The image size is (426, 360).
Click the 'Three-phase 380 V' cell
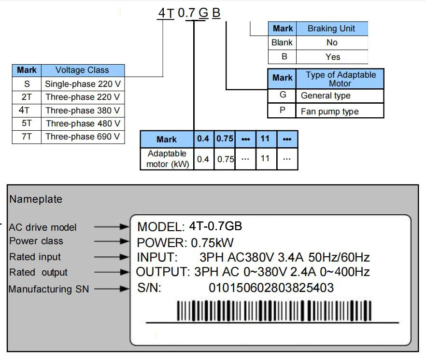point(83,110)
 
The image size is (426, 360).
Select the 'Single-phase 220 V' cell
point(83,83)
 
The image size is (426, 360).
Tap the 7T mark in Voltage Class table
point(27,137)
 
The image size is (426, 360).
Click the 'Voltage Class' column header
point(82,70)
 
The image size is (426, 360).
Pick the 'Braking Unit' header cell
point(331,28)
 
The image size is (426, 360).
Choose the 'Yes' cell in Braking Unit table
point(332,56)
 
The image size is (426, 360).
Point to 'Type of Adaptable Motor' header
point(340,79)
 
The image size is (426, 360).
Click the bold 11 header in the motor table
point(265,138)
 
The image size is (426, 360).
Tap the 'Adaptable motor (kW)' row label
point(167,159)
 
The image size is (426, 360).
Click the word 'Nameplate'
point(36,199)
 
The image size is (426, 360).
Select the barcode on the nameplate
point(274,310)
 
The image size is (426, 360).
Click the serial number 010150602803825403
point(271,288)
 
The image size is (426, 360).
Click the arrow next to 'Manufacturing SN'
point(112,289)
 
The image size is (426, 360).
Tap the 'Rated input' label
point(35,257)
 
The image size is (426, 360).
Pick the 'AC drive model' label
point(43,227)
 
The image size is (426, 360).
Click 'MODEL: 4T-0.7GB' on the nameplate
point(190,226)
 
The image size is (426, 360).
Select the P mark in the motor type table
point(283,111)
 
